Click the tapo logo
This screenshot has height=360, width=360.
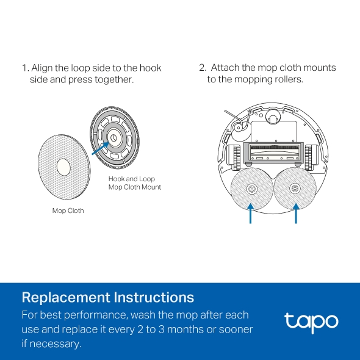tap(311, 321)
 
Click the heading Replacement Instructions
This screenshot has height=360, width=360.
tap(108, 298)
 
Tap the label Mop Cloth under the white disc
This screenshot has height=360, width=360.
tap(68, 211)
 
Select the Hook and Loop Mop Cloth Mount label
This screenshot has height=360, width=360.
tap(135, 183)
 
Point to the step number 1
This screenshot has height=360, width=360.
tap(24, 68)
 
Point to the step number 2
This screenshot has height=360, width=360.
tap(202, 68)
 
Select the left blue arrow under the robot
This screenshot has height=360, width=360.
tap(251, 214)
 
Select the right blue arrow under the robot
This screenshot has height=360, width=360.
tap(296, 214)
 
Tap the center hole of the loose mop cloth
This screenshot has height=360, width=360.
tap(62, 165)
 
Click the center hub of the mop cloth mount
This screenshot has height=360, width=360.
tap(113, 139)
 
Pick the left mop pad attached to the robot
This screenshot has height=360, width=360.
tap(251, 189)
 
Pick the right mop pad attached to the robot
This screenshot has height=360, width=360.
tap(295, 189)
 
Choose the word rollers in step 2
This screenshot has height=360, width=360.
tap(287, 80)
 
